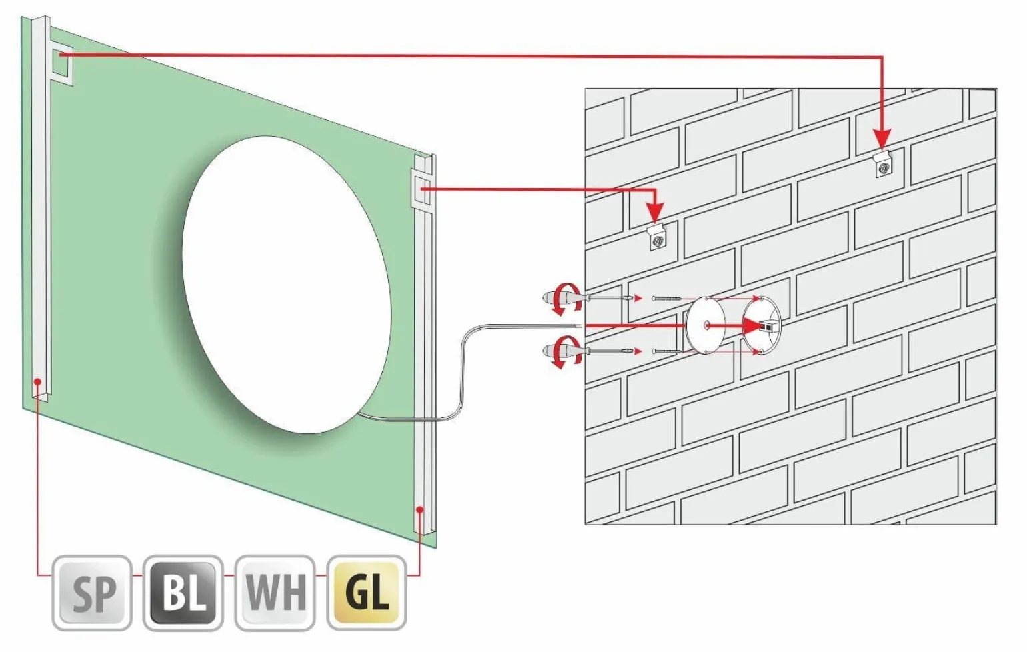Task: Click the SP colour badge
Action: coord(92,593)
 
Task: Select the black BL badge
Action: coord(183,593)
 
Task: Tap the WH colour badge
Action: coord(275,593)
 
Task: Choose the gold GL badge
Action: coord(367,593)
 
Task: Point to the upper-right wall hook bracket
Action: coord(882,164)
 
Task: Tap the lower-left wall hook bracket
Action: coord(656,237)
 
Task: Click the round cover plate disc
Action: coord(705,325)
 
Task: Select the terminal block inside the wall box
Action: coord(766,327)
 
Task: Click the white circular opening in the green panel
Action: coord(287,285)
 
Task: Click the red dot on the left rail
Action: coord(38,381)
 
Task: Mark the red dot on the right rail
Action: coord(420,509)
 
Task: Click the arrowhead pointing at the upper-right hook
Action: coord(882,140)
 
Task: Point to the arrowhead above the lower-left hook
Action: coord(656,213)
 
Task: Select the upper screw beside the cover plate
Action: coord(667,299)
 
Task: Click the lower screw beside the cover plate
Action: coord(667,352)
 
